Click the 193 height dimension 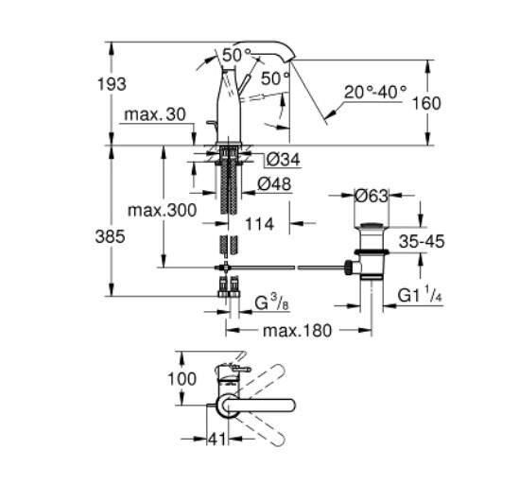pyautogui.click(x=112, y=84)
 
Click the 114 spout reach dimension pyautogui.click(x=258, y=224)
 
